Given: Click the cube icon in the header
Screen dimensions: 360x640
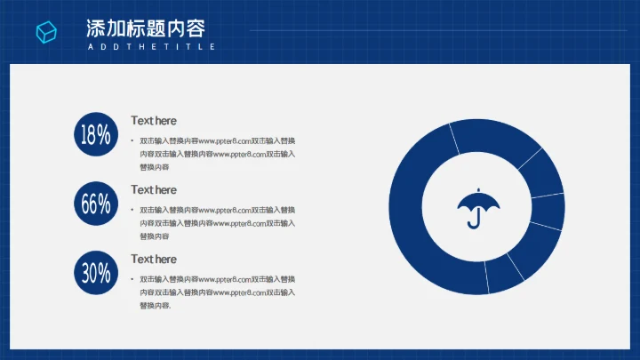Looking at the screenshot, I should coord(46,32).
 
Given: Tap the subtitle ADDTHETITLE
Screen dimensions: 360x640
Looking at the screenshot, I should coord(151,46).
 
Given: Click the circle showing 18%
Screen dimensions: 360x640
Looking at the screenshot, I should coord(96,135).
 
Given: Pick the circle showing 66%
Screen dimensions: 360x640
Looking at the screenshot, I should coord(96,204).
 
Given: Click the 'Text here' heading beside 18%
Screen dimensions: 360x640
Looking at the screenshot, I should coord(154,121).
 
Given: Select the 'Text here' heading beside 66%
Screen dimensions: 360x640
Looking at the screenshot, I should coord(154,190).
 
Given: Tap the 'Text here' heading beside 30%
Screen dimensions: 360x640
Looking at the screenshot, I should coord(154,260).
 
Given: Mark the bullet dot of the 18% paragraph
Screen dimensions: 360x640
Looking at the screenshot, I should coord(132,140).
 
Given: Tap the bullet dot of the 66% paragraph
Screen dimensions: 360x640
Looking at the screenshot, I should coord(132,210).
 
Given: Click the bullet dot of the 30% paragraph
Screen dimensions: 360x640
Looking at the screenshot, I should coord(132,279).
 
